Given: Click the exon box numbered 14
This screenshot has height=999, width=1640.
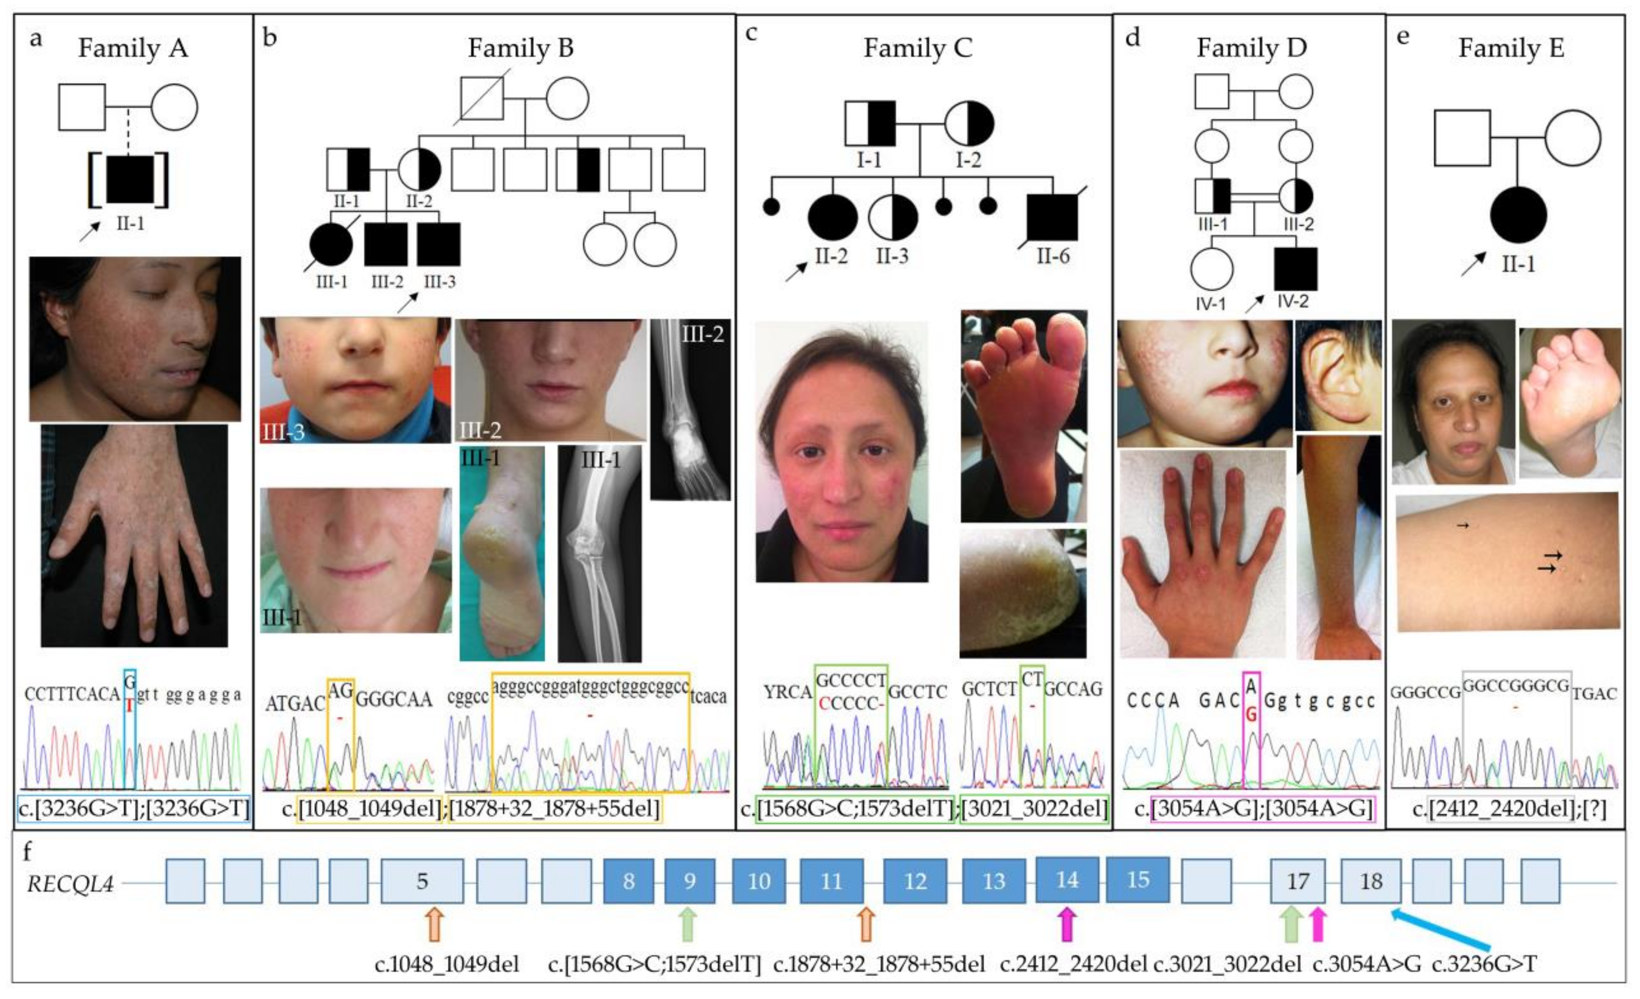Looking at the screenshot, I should click(1067, 880).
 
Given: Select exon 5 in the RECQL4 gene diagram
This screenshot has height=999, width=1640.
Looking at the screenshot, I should click(422, 881).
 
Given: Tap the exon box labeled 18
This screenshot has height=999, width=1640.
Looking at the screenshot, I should click(1370, 881).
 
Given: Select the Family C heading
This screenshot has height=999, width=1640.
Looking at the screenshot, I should click(918, 48).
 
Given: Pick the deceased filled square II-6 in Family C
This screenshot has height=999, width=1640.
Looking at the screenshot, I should click(1052, 218).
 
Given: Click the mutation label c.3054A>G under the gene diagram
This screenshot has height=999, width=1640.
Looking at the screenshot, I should click(1367, 964).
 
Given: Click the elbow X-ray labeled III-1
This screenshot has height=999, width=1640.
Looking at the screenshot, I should click(599, 554).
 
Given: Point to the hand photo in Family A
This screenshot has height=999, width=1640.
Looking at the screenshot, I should click(134, 536).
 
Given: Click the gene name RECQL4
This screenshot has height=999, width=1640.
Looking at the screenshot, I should click(70, 884).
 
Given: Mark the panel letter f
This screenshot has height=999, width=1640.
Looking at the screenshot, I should click(27, 851).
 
